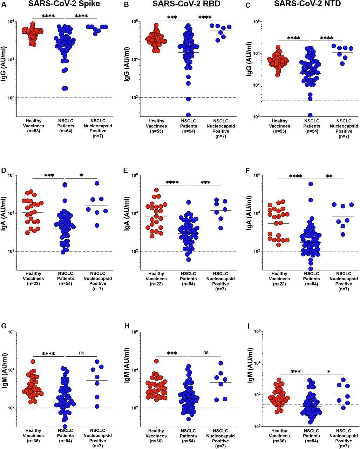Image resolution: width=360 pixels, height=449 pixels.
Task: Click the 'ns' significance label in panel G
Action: coord(82,353)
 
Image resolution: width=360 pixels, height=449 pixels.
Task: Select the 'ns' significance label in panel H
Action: coord(205,353)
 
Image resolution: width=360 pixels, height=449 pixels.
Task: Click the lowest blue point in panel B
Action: coord(188,115)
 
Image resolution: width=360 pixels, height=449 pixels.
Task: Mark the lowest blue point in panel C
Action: coord(310,115)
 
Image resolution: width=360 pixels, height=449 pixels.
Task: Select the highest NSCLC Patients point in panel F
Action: coord(310,184)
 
